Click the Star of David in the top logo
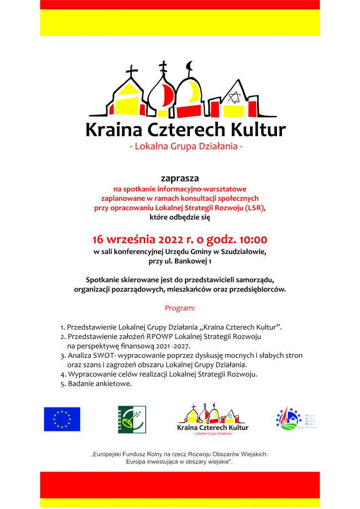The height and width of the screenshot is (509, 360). [234, 96]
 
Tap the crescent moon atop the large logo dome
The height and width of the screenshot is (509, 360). [188, 66]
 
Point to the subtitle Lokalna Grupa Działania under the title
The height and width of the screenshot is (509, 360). [185, 147]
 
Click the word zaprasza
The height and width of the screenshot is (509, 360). [180, 177]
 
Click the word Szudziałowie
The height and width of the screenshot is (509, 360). [244, 252]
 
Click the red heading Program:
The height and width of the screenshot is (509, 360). [180, 308]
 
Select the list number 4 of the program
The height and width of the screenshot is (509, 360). [63, 374]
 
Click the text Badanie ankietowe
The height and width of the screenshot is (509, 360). [100, 384]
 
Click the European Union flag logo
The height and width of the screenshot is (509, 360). [62, 419]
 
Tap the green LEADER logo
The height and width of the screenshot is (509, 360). [132, 419]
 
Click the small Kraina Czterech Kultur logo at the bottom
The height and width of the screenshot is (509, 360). [213, 420]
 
